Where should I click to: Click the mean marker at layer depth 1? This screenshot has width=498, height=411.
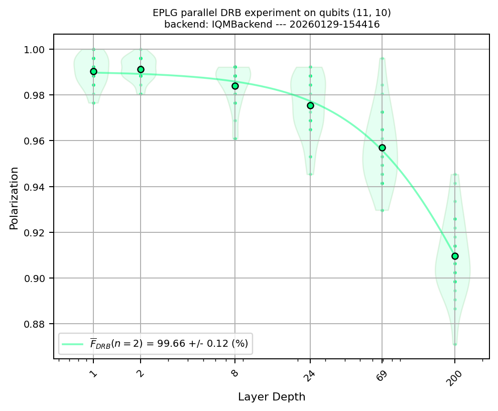(93, 71)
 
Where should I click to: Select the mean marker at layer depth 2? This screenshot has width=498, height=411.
(141, 69)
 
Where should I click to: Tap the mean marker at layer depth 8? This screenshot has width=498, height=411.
(235, 86)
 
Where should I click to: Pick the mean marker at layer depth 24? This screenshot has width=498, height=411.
(310, 105)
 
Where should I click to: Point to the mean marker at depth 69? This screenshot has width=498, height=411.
(382, 148)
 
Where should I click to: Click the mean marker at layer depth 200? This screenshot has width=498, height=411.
(455, 256)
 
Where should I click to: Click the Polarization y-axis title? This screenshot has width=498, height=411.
(14, 198)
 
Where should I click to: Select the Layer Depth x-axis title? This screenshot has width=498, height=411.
(272, 397)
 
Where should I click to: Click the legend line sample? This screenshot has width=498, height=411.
(73, 344)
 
